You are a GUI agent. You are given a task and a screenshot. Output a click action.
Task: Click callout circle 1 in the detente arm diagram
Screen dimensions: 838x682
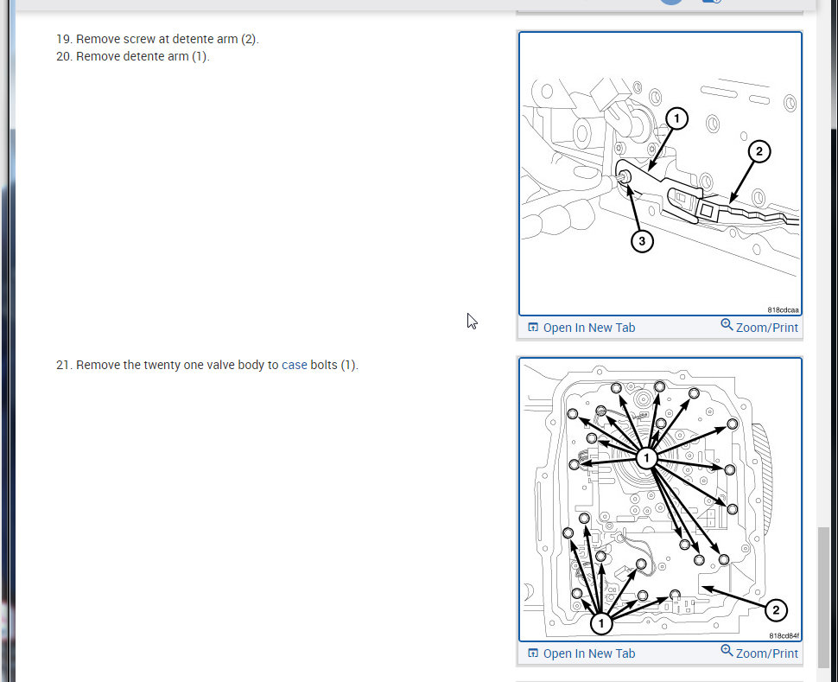(676, 118)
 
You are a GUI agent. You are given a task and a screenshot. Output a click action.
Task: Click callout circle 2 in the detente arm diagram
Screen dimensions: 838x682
(759, 151)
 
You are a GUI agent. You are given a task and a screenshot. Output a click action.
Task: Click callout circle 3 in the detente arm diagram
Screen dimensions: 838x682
(642, 241)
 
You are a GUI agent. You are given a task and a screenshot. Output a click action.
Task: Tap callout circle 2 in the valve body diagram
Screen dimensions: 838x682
(776, 610)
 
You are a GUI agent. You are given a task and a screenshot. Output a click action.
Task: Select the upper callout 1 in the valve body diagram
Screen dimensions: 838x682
(647, 458)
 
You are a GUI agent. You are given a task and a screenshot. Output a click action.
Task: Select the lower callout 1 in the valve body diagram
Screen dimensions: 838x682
(601, 623)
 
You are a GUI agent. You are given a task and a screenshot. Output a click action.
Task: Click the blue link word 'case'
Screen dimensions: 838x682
(295, 365)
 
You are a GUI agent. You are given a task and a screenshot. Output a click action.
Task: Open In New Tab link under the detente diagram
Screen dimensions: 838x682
(581, 328)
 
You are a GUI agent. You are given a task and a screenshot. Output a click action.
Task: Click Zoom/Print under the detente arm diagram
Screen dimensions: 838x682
(759, 327)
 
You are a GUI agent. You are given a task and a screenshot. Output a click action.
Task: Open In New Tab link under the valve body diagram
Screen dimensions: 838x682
(581, 653)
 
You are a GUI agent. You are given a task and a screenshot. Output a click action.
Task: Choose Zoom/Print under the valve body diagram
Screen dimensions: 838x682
(759, 653)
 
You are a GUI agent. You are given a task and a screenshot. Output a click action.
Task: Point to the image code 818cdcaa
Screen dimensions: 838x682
(783, 309)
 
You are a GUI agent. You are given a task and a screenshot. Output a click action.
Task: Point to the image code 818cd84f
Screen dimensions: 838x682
(784, 635)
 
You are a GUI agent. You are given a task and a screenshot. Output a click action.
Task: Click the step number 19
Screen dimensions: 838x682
(63, 39)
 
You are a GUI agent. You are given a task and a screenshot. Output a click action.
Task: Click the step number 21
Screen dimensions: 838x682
(63, 365)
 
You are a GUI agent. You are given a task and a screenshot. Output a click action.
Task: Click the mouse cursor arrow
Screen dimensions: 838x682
(472, 321)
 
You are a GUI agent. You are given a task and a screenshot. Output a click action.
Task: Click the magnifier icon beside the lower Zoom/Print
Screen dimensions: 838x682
(727, 650)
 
